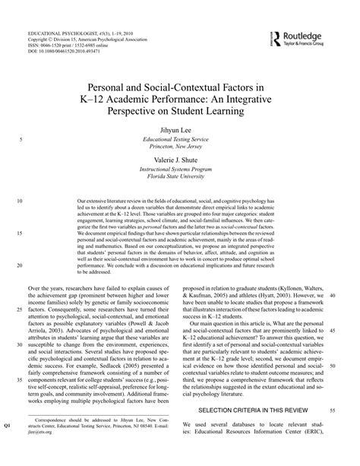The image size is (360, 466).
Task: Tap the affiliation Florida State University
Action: pyautogui.click(x=179, y=184)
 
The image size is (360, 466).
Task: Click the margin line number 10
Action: pyautogui.click(x=19, y=201)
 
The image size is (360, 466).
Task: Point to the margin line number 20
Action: pyautogui.click(x=19, y=265)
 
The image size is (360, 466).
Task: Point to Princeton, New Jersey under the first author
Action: pyautogui.click(x=179, y=152)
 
